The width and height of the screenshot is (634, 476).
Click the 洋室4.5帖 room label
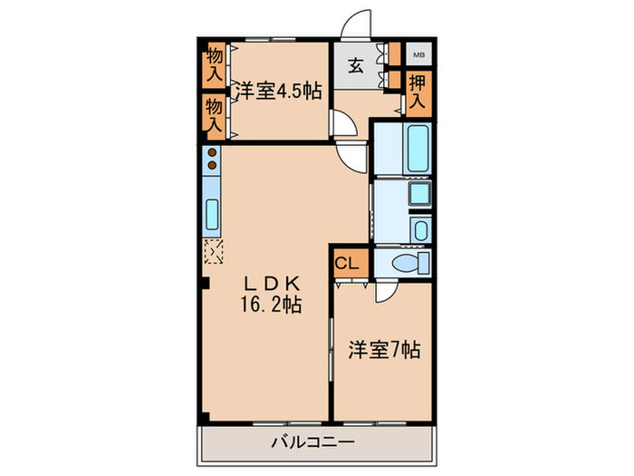(x=278, y=92)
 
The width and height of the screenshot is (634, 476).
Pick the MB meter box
(x=418, y=54)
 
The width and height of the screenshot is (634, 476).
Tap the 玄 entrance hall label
(x=354, y=65)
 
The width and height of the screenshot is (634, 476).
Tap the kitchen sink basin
(x=212, y=215)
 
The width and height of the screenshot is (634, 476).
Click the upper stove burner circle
(x=212, y=153)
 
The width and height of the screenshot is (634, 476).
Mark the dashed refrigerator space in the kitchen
(x=213, y=251)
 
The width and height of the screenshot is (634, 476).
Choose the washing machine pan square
(x=420, y=229)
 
